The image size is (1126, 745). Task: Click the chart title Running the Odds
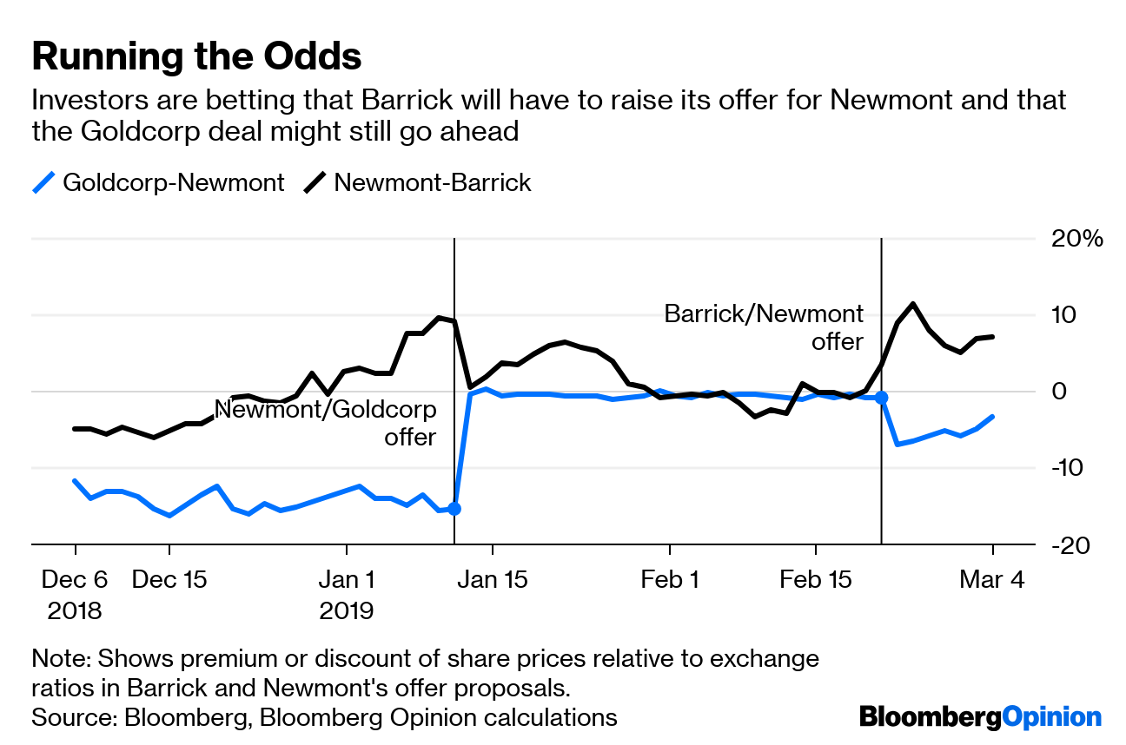196,57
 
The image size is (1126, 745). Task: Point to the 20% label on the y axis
1075,239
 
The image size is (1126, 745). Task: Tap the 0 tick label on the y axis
1059,392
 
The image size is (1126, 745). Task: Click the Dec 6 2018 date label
76,594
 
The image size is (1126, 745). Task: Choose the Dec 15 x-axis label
169,579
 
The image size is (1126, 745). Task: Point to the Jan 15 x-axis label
492,579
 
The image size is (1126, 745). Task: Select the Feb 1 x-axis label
669,579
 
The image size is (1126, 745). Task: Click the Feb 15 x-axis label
815,579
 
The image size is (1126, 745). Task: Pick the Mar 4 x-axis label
992,579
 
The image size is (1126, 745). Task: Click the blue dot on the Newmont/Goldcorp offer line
454,508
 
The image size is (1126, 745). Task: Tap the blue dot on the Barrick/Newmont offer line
881,397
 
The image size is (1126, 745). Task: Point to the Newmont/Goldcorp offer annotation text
326,423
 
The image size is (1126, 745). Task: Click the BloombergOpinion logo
980,717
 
